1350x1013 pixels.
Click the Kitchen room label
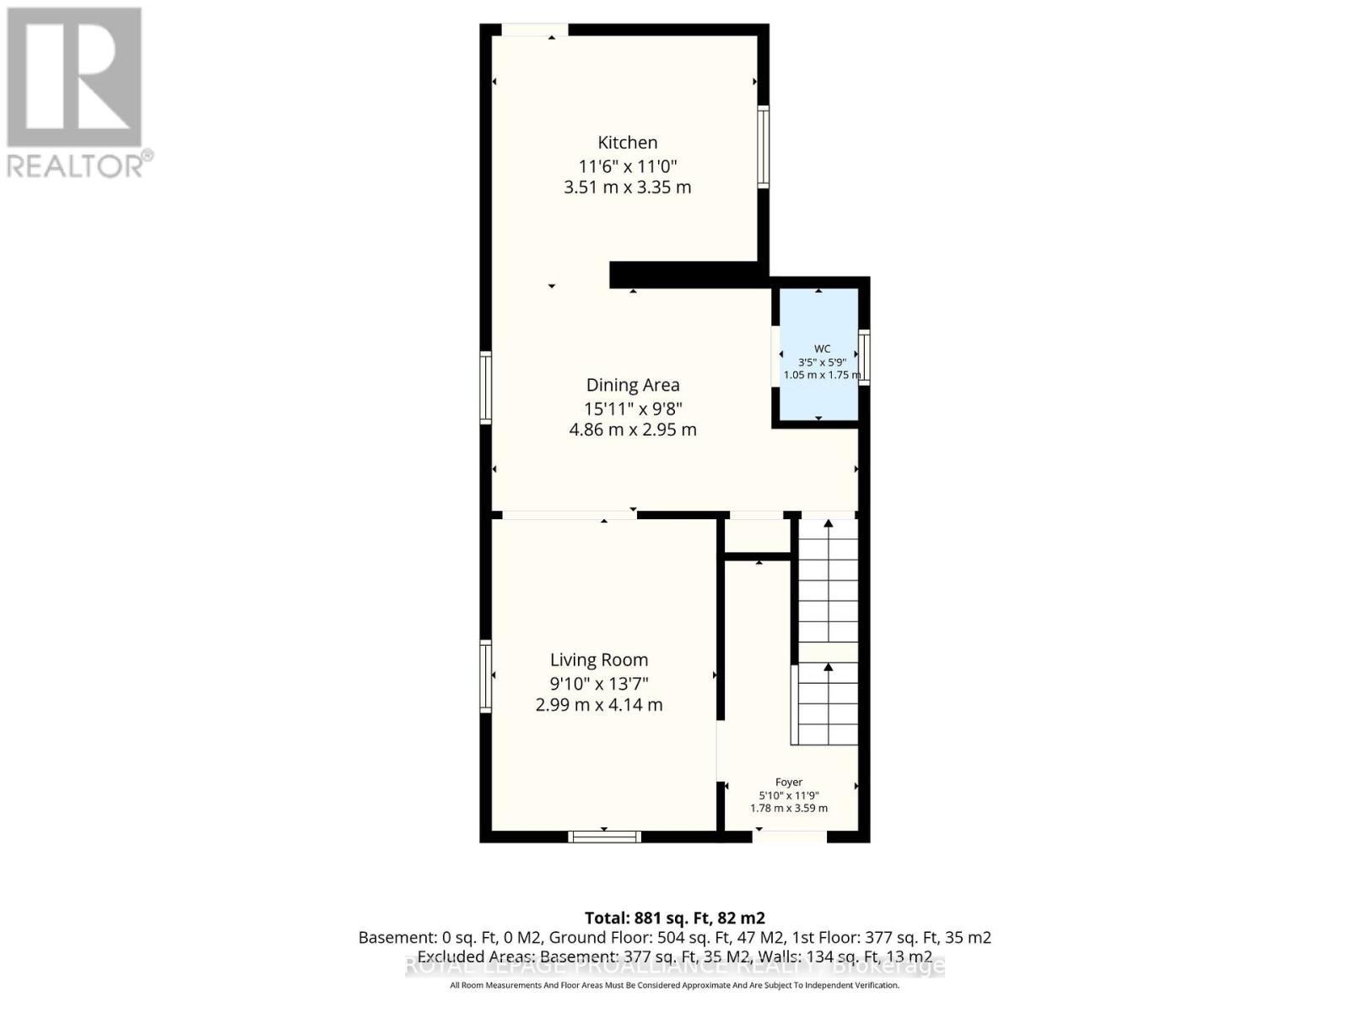[x=628, y=143]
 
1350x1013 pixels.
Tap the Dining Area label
[x=633, y=385]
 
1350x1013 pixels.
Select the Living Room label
[x=599, y=660]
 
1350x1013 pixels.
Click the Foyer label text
[x=789, y=783]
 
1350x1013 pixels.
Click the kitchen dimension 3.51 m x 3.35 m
[x=628, y=187]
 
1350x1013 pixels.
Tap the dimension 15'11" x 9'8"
[x=633, y=409]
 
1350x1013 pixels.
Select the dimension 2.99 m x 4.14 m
[x=599, y=705]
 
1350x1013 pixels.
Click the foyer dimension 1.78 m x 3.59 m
[x=789, y=808]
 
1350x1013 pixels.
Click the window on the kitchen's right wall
[x=763, y=146]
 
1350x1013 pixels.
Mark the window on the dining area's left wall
[x=486, y=387]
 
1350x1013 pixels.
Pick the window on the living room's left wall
[x=486, y=675]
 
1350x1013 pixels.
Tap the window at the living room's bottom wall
[x=605, y=837]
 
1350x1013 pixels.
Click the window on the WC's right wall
[x=864, y=358]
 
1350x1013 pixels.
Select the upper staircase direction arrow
[x=829, y=525]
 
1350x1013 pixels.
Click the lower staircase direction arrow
[x=829, y=669]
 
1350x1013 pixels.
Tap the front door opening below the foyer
[x=790, y=836]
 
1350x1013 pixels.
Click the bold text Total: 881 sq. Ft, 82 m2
[x=675, y=918]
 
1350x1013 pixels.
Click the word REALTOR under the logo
[x=76, y=165]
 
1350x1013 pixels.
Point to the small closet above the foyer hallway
[x=758, y=535]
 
